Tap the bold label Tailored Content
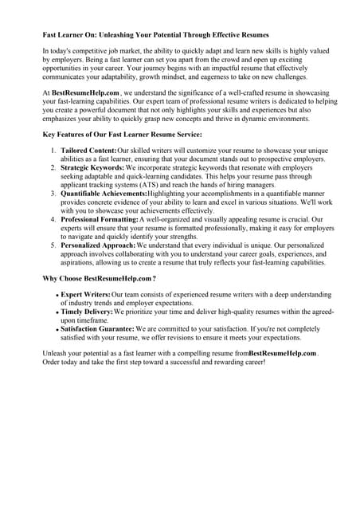click(88, 150)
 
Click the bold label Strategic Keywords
click(92, 168)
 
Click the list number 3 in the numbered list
click(53, 194)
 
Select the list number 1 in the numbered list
click(53, 150)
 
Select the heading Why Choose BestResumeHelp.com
click(99, 279)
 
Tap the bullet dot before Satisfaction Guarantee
click(57, 328)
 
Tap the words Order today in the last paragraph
click(64, 362)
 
